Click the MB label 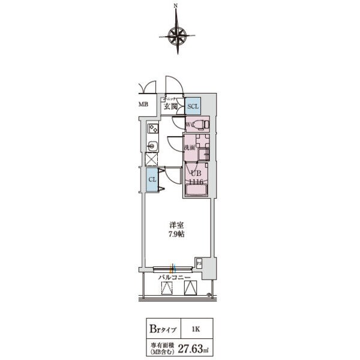pos(143,104)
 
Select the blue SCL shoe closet pos(193,106)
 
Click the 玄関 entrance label pos(170,107)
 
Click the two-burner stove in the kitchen pos(153,128)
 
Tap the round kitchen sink pos(152,145)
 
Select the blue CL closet pos(152,179)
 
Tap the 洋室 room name pos(176,225)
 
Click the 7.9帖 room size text pos(176,234)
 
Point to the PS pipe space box pos(199,262)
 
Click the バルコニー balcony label pos(174,278)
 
